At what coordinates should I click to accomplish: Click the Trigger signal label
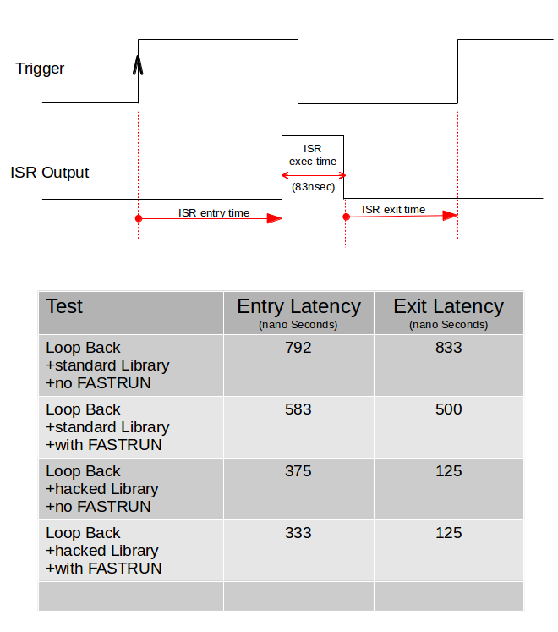click(x=40, y=69)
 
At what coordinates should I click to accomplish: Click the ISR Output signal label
click(x=50, y=173)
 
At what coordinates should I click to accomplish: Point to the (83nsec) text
click(x=313, y=187)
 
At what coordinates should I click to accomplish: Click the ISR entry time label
click(x=214, y=213)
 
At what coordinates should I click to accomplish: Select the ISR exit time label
click(x=394, y=210)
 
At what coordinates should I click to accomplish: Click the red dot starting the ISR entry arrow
click(x=139, y=218)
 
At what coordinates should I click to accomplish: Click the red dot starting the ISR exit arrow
click(x=346, y=217)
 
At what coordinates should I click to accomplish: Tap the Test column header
click(x=64, y=306)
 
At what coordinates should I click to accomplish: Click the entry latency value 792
click(x=298, y=348)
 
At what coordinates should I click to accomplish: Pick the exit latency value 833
click(x=448, y=348)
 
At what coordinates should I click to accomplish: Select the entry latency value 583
click(x=298, y=409)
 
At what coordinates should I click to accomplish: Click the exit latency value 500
click(x=448, y=409)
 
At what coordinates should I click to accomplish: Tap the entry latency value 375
click(x=298, y=471)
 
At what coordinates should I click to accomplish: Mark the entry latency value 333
click(x=298, y=533)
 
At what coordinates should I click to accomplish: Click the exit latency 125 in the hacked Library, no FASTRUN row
click(x=448, y=471)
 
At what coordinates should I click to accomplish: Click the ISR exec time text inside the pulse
click(x=313, y=155)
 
